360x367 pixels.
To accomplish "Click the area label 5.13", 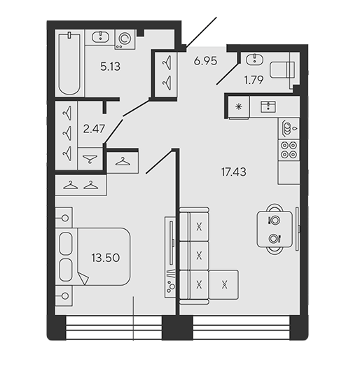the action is coord(110,67).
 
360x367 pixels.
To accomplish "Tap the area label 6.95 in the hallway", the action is coord(205,61).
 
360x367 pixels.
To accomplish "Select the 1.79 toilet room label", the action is coord(254,80).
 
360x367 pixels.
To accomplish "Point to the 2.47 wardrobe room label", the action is coord(94,129).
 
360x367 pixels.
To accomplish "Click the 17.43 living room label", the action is coord(234,172).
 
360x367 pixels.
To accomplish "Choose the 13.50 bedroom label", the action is coord(106,258).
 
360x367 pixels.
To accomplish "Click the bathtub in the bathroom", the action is coord(69,64).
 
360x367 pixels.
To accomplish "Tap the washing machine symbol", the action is coord(125,39).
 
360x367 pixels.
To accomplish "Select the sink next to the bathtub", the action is coord(100,37).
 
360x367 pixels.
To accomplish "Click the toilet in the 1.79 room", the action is coord(282,70).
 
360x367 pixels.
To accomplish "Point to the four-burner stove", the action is coord(289,150).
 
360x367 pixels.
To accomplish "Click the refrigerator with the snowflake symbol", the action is coord(239,107).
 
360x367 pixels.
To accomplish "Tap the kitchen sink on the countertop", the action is coord(268,107).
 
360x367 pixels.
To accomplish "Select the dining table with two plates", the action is coord(275,229).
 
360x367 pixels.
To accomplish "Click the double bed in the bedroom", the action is coord(92,256).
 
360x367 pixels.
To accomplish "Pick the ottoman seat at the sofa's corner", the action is coord(224,284).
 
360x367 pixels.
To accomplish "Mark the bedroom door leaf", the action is coord(161,162).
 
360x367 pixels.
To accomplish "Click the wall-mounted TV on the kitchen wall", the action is coord(297,229).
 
